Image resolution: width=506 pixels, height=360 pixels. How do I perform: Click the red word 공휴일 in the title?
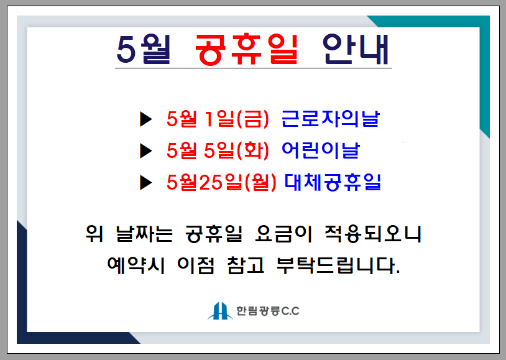pyautogui.click(x=247, y=49)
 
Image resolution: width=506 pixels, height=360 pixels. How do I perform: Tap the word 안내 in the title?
pyautogui.click(x=356, y=49)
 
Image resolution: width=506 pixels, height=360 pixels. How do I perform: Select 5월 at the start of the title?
pyautogui.click(x=143, y=49)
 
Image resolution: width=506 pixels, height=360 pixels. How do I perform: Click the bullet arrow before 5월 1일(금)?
pyautogui.click(x=146, y=119)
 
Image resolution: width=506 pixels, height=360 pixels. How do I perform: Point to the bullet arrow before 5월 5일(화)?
pyautogui.click(x=146, y=151)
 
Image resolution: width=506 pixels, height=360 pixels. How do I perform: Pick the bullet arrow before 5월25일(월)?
pyautogui.click(x=146, y=182)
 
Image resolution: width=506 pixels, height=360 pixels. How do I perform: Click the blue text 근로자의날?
pyautogui.click(x=331, y=119)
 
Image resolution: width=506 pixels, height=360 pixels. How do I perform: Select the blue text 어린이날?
pyautogui.click(x=320, y=150)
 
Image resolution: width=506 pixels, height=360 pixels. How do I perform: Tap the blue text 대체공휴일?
pyautogui.click(x=333, y=182)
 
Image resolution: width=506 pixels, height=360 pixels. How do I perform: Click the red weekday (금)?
pyautogui.click(x=252, y=119)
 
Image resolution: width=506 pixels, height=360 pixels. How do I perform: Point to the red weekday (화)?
pyautogui.click(x=252, y=151)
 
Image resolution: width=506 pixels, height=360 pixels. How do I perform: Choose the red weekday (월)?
pyautogui.click(x=260, y=182)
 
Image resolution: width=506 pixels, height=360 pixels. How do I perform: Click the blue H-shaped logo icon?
pyautogui.click(x=220, y=311)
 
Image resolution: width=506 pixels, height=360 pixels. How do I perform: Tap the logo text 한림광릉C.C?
pyautogui.click(x=268, y=311)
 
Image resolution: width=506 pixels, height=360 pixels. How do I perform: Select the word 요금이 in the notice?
pyautogui.click(x=283, y=233)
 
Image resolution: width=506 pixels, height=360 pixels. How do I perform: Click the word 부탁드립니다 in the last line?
pyautogui.click(x=338, y=265)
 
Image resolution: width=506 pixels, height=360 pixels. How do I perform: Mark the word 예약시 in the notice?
pyautogui.click(x=136, y=265)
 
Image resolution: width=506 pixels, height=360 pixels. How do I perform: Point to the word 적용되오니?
pyautogui.click(x=373, y=233)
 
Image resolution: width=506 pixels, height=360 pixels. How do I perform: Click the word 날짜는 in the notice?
pyautogui.click(x=145, y=233)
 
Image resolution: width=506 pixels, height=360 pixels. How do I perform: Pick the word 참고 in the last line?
pyautogui.click(x=246, y=265)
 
